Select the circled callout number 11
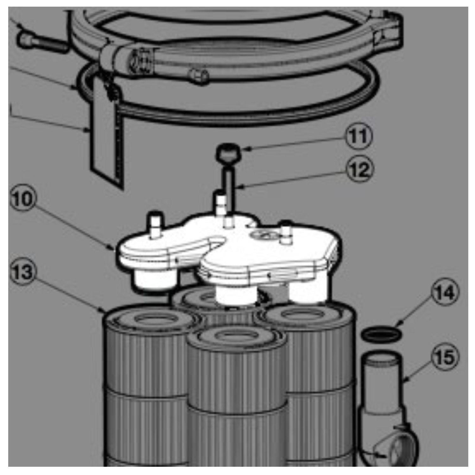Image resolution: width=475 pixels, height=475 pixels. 359,136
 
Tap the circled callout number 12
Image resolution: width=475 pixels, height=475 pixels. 360,170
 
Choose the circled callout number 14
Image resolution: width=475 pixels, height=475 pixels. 445,293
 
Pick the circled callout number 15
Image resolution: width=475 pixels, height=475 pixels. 445,357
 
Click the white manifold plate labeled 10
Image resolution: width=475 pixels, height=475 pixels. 228,250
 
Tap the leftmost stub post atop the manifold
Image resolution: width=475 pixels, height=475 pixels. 155,226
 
